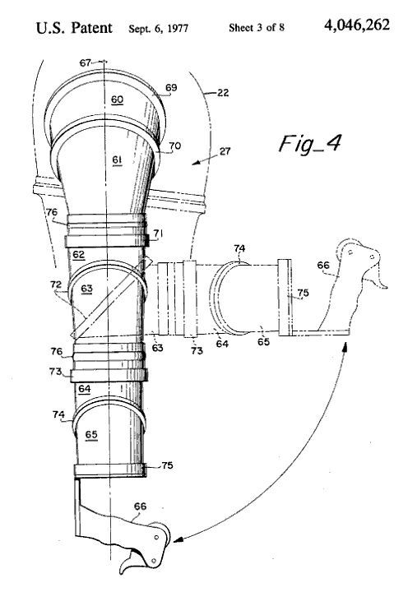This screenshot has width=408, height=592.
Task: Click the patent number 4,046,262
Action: pos(356,25)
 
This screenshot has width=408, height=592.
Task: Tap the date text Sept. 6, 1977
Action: pos(158,29)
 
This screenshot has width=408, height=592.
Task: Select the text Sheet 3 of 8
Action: pos(257,28)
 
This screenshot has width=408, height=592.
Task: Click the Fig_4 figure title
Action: pos(309,144)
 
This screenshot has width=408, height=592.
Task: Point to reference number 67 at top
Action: pos(86,62)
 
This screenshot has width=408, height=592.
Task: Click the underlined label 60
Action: pos(117,99)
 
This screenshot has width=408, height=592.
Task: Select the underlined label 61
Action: pos(117,160)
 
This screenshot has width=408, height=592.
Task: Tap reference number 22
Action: pos(223,92)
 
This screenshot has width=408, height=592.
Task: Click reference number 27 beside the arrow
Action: pos(225,151)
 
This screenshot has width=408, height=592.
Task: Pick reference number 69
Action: pos(171,88)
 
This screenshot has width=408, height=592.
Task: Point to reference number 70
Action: pos(175,146)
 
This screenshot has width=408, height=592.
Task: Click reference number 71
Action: pos(158,234)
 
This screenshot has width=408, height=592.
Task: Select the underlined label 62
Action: pos(79,255)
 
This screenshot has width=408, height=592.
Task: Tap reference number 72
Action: pos(56,284)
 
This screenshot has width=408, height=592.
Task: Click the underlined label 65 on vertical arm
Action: pos(91,435)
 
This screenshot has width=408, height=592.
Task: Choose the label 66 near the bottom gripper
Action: pos(140,506)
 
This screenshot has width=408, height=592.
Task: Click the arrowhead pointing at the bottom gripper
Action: pos(178,540)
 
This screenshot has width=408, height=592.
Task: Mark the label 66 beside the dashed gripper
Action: pos(323,266)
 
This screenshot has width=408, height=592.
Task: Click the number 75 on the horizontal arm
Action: pos(303,293)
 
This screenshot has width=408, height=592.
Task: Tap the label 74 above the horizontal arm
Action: pos(239,248)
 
